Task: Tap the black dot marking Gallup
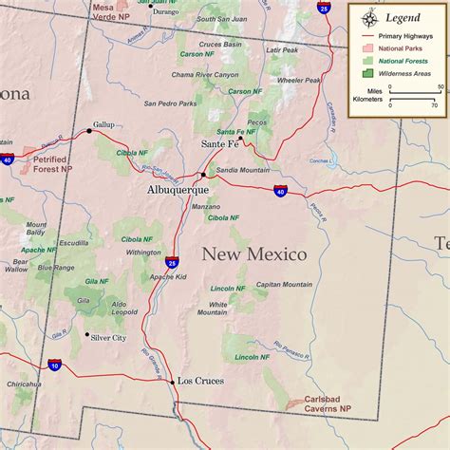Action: coord(90,131)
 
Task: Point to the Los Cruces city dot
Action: coord(173,382)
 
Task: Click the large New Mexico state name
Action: coord(253,254)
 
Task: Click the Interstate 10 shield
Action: coord(55,364)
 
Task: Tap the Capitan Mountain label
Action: coord(284,284)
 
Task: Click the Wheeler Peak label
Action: coord(298,80)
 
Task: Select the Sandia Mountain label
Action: coord(242,170)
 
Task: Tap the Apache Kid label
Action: coord(168,276)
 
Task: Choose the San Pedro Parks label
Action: coord(170,103)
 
